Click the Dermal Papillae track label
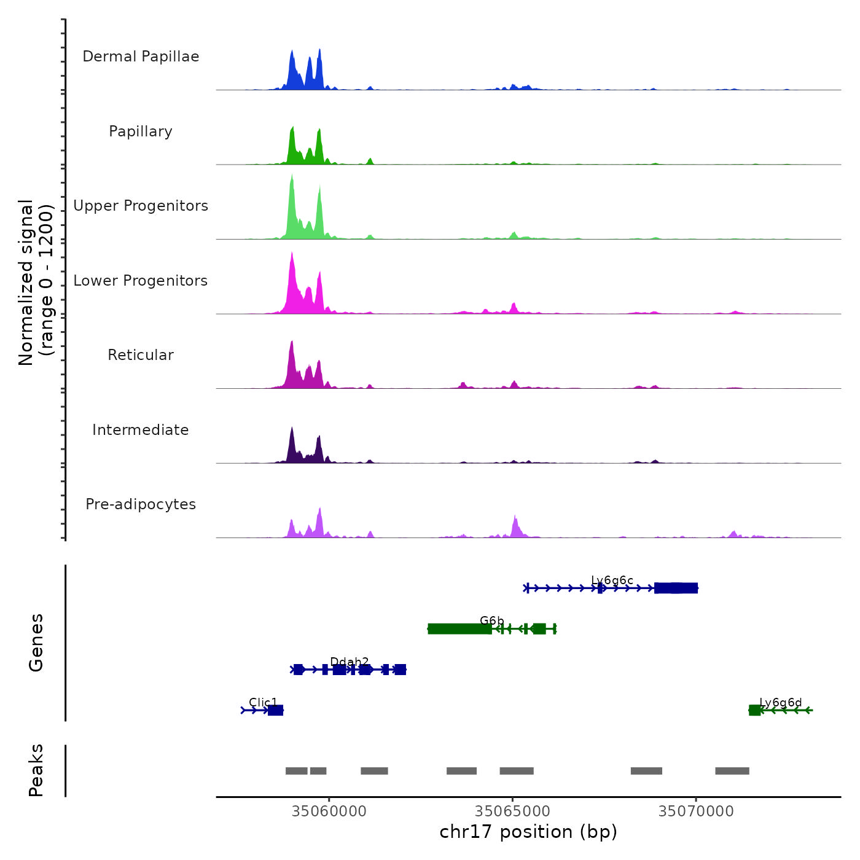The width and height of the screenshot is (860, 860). [x=141, y=57]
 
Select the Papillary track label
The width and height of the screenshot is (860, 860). [x=141, y=131]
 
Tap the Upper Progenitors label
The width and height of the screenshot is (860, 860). [x=141, y=206]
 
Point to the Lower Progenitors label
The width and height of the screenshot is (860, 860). [x=141, y=281]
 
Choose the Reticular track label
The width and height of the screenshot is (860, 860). [x=141, y=355]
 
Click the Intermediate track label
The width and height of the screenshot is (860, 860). [x=141, y=430]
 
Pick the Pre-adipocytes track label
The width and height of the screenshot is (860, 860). [x=141, y=504]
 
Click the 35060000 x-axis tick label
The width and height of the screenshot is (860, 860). [x=329, y=811]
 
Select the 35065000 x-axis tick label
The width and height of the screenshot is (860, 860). [x=513, y=811]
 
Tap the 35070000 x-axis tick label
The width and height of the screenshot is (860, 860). [x=696, y=811]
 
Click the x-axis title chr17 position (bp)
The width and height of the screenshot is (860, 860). [x=528, y=832]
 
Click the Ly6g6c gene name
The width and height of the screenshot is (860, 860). [x=612, y=580]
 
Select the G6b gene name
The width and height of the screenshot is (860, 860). [x=491, y=621]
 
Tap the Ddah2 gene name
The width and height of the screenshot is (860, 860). [x=349, y=662]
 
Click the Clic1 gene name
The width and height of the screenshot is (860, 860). [x=263, y=702]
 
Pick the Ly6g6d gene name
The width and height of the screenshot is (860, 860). [x=780, y=702]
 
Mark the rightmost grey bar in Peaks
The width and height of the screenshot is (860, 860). [x=732, y=771]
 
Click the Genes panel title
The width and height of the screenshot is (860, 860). [x=36, y=642]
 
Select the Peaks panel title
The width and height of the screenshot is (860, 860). [x=36, y=770]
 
